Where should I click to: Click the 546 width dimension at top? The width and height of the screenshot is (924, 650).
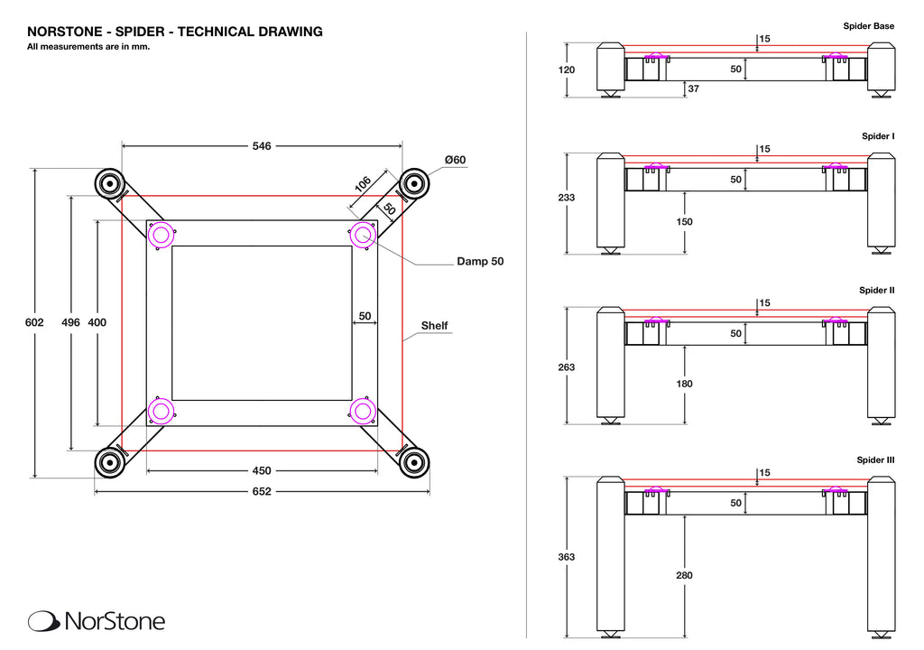click(262, 145)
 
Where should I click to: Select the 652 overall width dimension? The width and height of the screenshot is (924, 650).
click(262, 492)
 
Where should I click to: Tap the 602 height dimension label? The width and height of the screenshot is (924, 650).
click(34, 322)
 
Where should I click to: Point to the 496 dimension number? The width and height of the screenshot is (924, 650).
click(71, 322)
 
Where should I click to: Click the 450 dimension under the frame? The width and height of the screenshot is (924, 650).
click(262, 470)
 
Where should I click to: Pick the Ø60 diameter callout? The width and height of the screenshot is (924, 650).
click(455, 160)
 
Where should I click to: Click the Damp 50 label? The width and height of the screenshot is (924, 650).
click(479, 262)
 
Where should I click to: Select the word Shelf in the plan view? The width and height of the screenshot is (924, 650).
click(434, 326)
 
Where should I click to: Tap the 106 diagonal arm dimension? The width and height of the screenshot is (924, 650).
click(363, 184)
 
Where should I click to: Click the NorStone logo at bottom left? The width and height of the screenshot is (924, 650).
click(97, 621)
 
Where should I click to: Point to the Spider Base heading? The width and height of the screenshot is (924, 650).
click(868, 26)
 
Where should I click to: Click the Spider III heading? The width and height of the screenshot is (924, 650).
click(875, 460)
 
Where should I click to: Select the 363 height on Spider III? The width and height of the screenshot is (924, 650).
click(567, 557)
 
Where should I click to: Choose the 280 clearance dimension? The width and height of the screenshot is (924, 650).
click(685, 575)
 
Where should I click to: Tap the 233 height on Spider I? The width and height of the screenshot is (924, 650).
click(567, 197)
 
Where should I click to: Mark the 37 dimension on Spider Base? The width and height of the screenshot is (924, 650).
click(693, 88)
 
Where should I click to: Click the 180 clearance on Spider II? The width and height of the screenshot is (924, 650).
click(685, 384)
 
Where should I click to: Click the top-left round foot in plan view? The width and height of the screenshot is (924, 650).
click(109, 183)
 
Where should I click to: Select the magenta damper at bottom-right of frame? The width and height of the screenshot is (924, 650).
click(363, 412)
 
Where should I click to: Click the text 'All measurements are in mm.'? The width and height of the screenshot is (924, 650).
click(88, 47)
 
